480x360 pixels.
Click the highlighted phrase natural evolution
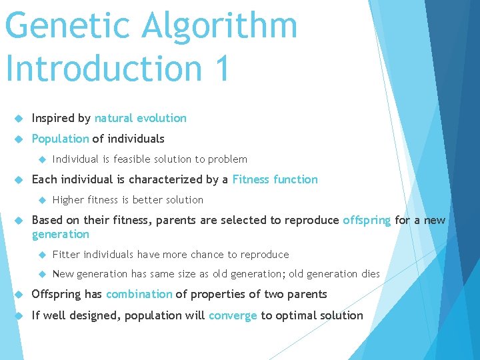tap(140, 119)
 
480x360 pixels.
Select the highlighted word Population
tap(60, 139)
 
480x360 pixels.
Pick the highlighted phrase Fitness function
tap(275, 179)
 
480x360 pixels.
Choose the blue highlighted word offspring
tap(367, 220)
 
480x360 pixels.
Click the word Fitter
tap(66, 255)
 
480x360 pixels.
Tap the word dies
tap(370, 274)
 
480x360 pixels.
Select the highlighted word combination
tap(139, 295)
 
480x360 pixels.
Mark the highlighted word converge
tap(233, 315)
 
